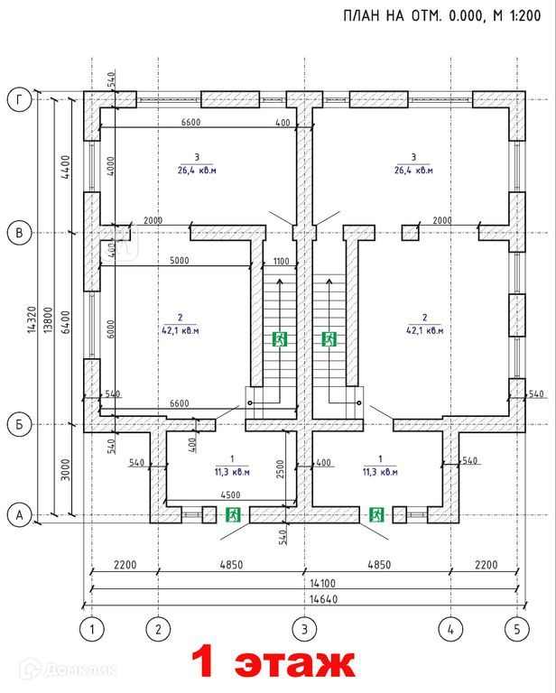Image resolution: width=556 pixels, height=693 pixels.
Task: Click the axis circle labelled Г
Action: (17, 99)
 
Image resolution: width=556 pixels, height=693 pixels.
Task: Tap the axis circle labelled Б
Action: (17, 423)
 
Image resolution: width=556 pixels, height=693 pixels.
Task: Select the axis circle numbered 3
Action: (304, 628)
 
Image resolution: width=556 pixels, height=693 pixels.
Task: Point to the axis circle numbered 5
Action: (516, 628)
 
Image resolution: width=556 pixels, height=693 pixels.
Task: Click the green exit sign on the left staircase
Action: (281, 339)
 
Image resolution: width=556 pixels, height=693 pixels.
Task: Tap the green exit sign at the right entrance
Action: (376, 514)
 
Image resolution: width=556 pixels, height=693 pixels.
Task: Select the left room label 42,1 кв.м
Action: (181, 330)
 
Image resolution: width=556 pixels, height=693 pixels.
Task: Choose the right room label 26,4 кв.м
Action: (412, 170)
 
